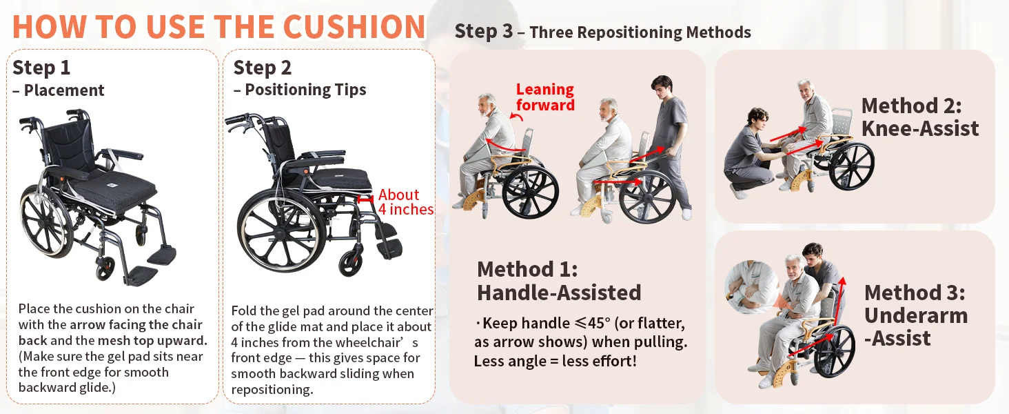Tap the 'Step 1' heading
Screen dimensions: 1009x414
[x=41, y=68]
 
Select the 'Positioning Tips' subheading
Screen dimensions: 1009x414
[x=305, y=90]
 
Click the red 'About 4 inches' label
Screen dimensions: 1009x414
[x=405, y=201]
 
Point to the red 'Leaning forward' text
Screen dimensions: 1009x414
[x=545, y=97]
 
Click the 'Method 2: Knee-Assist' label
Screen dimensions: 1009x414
[x=920, y=117]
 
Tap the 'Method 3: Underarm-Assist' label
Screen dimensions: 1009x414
[x=915, y=316]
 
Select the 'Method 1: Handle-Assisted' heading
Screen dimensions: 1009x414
[x=558, y=281]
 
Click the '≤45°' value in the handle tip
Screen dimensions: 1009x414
[x=593, y=323]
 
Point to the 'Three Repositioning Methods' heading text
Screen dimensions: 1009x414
[x=640, y=32]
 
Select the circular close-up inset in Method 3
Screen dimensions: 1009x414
[x=751, y=287]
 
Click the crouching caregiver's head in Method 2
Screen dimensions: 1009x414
[x=757, y=119]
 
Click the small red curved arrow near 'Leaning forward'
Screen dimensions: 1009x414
[x=516, y=117]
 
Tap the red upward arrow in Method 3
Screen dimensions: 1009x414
[x=839, y=301]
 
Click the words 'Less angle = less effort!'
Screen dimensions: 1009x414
[x=555, y=362]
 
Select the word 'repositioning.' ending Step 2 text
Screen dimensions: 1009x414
[x=272, y=390]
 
